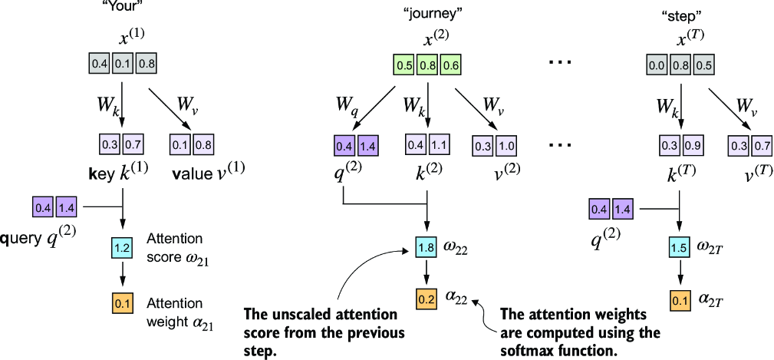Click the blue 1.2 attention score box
click(x=121, y=248)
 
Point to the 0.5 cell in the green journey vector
click(x=404, y=65)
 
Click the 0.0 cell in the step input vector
click(x=657, y=65)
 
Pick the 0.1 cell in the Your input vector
click(x=123, y=65)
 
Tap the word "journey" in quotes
click(x=427, y=13)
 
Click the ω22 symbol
click(x=455, y=247)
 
